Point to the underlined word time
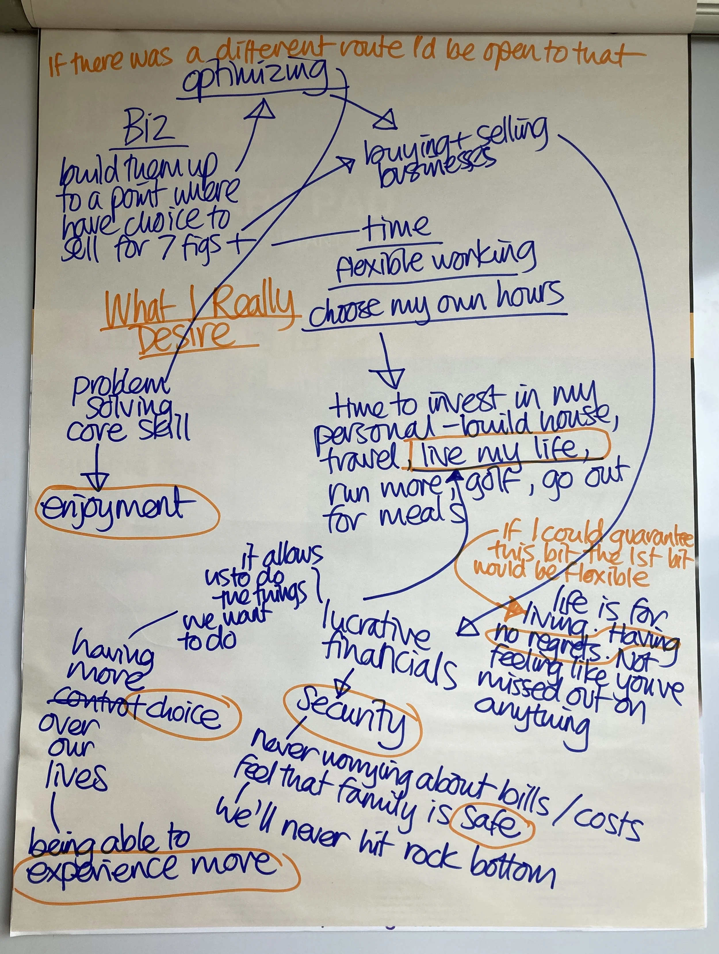[x=397, y=229]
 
